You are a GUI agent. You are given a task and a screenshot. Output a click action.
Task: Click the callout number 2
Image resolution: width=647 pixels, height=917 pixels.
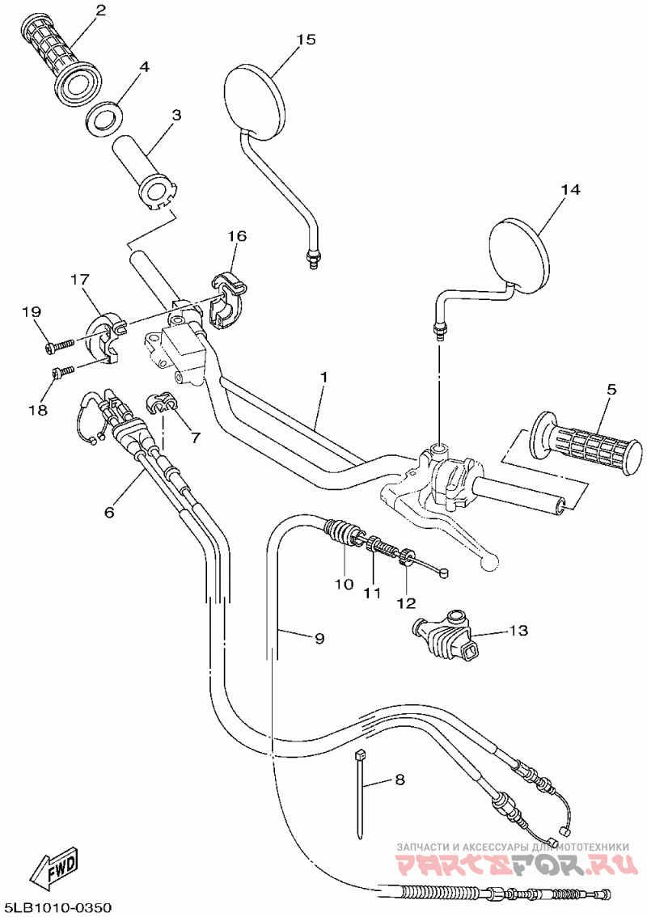100,11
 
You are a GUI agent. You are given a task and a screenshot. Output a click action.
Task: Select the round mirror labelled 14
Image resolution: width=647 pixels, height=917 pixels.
521,254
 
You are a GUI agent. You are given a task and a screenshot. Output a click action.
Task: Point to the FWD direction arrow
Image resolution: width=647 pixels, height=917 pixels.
54,871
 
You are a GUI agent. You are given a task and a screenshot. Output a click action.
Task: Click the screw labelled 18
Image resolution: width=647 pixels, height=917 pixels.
63,372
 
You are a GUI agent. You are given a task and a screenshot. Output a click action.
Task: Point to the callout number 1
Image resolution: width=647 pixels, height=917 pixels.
323,378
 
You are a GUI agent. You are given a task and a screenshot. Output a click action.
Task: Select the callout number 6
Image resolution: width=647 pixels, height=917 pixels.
109,512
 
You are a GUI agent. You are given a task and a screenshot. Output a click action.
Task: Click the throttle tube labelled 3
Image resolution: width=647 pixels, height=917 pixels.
146,171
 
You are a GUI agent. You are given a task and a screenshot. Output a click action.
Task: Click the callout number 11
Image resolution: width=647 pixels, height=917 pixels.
371,593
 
